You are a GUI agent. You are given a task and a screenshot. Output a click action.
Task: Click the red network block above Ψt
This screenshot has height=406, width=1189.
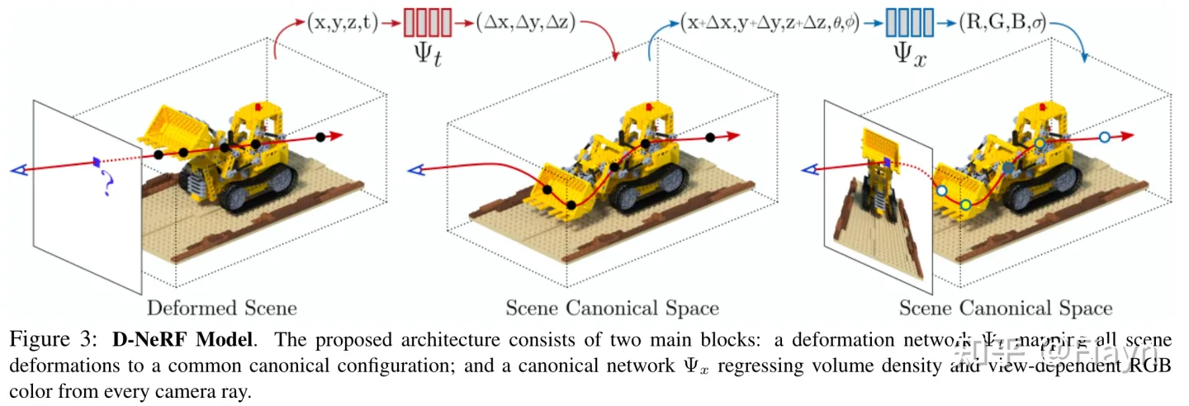click(x=427, y=22)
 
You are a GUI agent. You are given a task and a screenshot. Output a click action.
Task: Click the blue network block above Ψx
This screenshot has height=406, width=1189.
click(x=909, y=23)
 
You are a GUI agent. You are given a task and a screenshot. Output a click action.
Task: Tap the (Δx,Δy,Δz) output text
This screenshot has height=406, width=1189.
click(x=526, y=23)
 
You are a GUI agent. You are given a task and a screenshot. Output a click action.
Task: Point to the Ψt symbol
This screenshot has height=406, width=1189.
click(x=427, y=56)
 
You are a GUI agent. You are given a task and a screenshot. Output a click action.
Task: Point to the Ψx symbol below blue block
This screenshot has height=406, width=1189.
click(x=908, y=56)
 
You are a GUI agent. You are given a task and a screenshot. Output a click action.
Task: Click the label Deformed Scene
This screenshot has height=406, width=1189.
click(x=222, y=309)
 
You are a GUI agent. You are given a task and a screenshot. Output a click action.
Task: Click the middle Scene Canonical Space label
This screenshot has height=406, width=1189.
click(x=612, y=309)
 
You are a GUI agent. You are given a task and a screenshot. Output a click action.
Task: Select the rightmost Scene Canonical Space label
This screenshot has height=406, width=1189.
click(x=1005, y=309)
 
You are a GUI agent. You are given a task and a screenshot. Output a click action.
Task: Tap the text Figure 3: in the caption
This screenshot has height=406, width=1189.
click(x=50, y=340)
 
